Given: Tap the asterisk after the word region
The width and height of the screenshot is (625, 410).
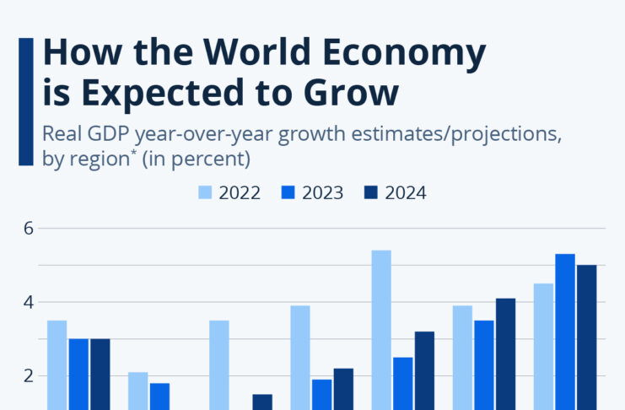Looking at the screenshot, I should click(x=132, y=154).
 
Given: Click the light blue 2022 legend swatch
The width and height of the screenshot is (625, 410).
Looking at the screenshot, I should click(x=204, y=192).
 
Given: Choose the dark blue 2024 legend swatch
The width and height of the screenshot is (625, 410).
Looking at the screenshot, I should click(x=370, y=192).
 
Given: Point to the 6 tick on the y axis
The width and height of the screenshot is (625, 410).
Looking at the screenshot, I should click(x=27, y=228).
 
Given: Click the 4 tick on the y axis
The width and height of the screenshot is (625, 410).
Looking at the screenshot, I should click(x=27, y=302).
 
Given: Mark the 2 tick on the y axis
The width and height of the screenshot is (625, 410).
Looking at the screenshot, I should click(x=27, y=376).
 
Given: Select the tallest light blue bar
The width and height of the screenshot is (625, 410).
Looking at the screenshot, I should click(x=381, y=329).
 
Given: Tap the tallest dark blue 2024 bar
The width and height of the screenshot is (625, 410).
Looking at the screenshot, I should click(x=586, y=337).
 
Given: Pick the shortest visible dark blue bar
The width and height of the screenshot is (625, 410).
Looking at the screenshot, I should click(x=262, y=402).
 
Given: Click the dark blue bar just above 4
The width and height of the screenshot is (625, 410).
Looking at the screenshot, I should click(x=505, y=354).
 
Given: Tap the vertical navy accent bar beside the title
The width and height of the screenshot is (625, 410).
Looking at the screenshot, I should click(x=26, y=101).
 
